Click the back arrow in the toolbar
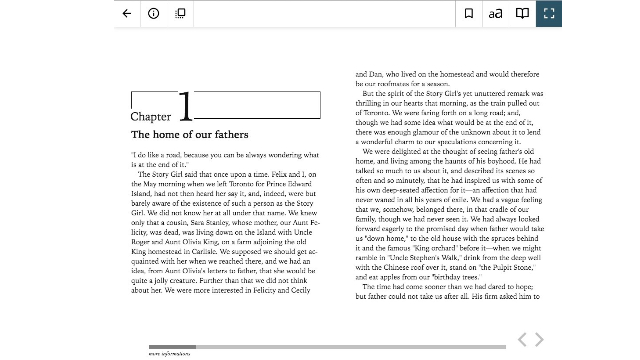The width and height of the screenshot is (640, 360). [x=127, y=13]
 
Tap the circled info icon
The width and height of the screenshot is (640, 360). [x=153, y=13]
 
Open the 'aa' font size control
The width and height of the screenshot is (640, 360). [x=495, y=13]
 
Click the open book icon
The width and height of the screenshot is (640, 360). [x=522, y=13]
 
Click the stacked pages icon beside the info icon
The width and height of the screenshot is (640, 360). [x=180, y=13]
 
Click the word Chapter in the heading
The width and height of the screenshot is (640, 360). [x=151, y=117]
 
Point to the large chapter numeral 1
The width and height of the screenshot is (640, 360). [x=185, y=108]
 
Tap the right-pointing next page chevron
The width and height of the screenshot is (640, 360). [x=539, y=341]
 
